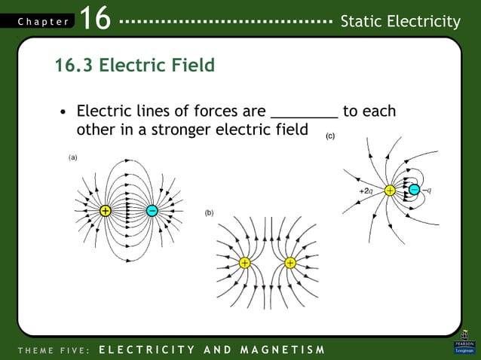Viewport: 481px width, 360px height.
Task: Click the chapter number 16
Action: pyautogui.click(x=94, y=20)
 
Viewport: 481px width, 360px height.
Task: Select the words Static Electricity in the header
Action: pyautogui.click(x=400, y=22)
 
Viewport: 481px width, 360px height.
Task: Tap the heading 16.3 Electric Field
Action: pyautogui.click(x=134, y=66)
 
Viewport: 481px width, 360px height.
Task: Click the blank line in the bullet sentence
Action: pyautogui.click(x=304, y=113)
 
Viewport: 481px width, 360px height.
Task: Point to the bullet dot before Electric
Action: pyautogui.click(x=65, y=113)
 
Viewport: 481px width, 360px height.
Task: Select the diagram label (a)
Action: pyautogui.click(x=73, y=157)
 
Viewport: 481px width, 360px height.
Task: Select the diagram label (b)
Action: pyautogui.click(x=209, y=213)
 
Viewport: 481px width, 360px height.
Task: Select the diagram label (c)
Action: pyautogui.click(x=330, y=136)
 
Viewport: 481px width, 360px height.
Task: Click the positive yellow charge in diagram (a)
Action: pyautogui.click(x=106, y=211)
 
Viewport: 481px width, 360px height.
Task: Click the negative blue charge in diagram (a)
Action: pyautogui.click(x=152, y=211)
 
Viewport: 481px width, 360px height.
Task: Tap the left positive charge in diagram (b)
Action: pyautogui.click(x=245, y=263)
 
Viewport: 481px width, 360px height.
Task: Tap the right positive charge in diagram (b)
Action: pyautogui.click(x=290, y=263)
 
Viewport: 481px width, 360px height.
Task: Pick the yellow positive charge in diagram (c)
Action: pyautogui.click(x=390, y=191)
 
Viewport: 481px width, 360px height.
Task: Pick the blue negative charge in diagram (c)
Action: pyautogui.click(x=413, y=191)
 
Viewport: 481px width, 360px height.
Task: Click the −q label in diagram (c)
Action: pyautogui.click(x=427, y=191)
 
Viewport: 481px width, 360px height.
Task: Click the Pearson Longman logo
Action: pyautogui.click(x=464, y=343)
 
